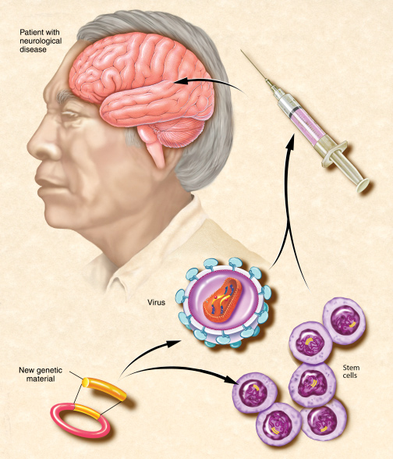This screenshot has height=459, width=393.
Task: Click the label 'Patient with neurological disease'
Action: pyautogui.click(x=41, y=41)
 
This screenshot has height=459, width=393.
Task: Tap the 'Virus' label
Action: pyautogui.click(x=157, y=302)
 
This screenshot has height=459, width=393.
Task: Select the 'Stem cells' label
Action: pyautogui.click(x=351, y=372)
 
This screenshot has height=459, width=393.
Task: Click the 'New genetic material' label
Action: pyautogui.click(x=41, y=375)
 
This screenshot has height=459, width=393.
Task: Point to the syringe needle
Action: pyautogui.click(x=254, y=64)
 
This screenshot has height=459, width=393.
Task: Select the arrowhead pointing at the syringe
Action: pyautogui.click(x=290, y=141)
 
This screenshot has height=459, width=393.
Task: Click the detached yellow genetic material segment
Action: pyautogui.click(x=104, y=389)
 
